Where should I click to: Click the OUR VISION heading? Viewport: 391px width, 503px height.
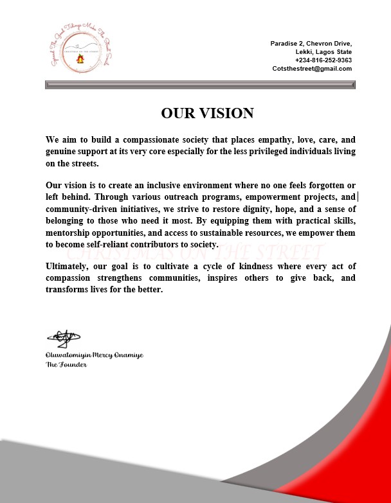click(207, 114)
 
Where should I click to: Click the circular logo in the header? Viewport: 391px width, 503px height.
click(80, 52)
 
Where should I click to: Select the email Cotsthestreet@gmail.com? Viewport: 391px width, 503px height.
click(312, 68)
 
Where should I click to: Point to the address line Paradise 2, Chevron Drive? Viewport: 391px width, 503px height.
click(311, 43)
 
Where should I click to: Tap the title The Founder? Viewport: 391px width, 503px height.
click(66, 364)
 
